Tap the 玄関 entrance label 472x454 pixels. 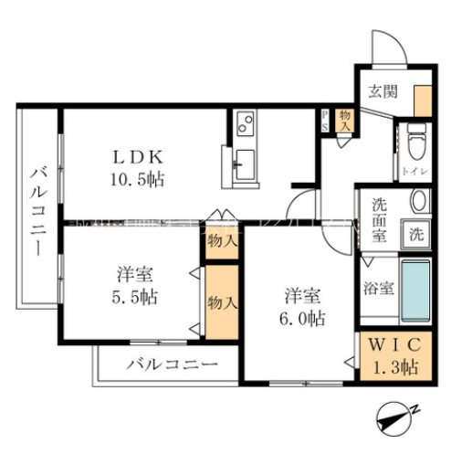point(382,90)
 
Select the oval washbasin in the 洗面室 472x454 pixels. point(418,202)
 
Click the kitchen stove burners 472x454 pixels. point(245,123)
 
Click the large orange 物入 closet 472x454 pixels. point(218,301)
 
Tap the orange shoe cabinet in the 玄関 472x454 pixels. point(422,99)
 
